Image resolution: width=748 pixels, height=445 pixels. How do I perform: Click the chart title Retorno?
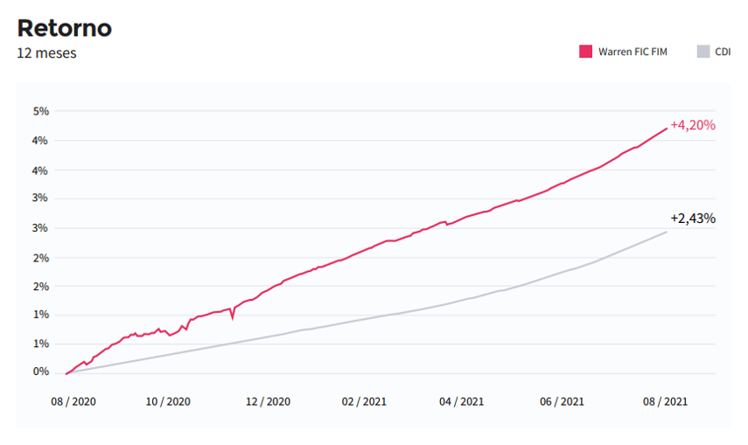64,27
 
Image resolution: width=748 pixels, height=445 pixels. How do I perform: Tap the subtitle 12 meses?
46,53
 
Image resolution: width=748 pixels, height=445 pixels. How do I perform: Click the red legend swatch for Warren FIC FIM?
585,52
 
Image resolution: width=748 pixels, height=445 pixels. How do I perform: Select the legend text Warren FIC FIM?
633,52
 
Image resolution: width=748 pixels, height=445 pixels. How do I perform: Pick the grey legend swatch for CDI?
703,52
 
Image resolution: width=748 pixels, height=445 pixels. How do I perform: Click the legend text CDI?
723,52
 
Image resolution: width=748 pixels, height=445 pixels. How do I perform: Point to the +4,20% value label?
693,125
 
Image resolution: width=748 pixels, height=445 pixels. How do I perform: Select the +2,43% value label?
693,219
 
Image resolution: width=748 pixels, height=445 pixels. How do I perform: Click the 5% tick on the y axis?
40,111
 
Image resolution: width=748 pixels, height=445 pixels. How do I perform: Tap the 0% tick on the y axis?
40,372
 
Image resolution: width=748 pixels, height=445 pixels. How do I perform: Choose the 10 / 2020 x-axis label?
167,402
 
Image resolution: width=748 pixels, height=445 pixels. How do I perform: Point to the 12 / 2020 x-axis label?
267,402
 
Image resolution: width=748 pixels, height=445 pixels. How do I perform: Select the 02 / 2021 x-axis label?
363,402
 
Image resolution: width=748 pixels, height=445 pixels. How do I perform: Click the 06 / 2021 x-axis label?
562,402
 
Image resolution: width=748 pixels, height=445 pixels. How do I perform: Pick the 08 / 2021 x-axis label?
665,402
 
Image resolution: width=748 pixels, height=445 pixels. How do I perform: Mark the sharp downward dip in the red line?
233,318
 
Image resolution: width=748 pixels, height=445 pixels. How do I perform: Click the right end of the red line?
667,128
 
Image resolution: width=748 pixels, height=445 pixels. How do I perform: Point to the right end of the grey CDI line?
667,232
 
